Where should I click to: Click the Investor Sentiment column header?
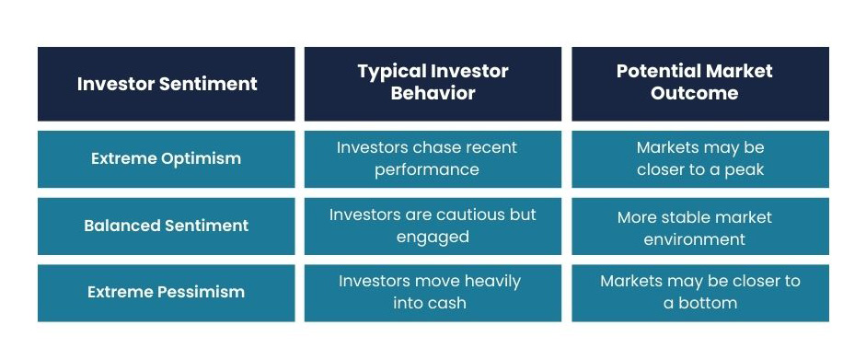click(167, 84)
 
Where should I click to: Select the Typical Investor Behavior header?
click(433, 82)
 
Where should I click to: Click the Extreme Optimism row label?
click(167, 158)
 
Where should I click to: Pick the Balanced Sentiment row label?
click(167, 226)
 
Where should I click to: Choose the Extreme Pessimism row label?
click(167, 292)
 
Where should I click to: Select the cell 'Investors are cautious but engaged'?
click(433, 226)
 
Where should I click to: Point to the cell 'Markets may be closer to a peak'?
click(699, 158)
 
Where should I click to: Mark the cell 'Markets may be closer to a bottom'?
click(699, 292)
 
